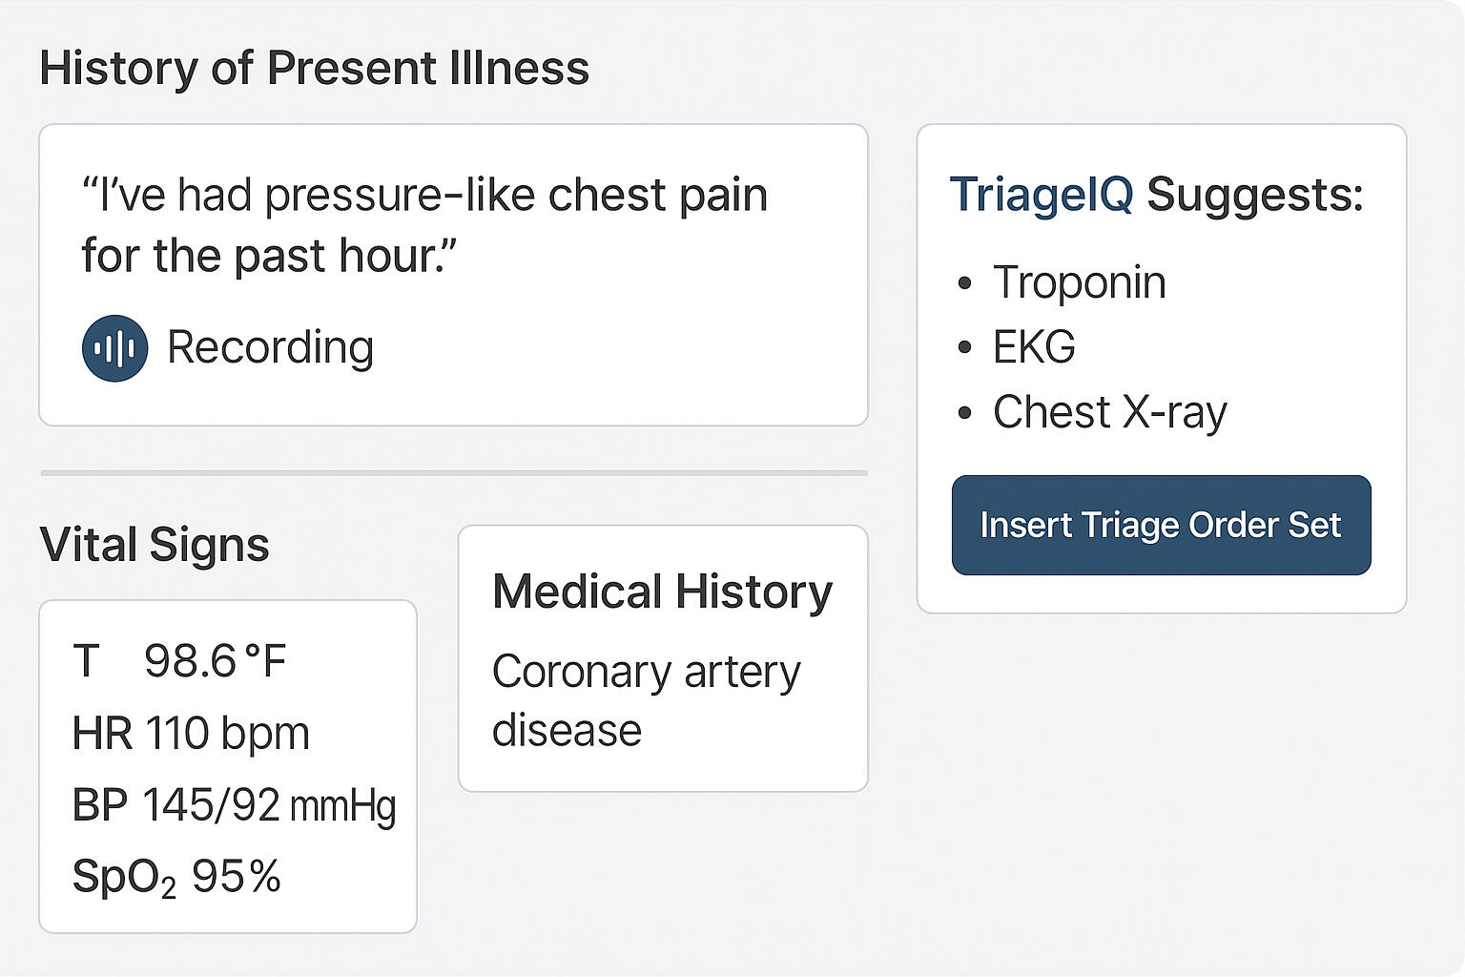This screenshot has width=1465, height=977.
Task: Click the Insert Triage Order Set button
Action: click(1161, 525)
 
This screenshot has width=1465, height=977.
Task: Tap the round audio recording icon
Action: click(114, 348)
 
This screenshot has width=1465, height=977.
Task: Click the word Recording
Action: click(270, 347)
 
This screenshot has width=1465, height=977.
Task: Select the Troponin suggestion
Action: click(1079, 282)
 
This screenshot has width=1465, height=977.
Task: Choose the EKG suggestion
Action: click(1034, 346)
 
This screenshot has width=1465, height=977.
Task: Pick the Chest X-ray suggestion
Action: click(1110, 412)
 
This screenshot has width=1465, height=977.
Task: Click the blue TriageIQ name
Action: click(1042, 195)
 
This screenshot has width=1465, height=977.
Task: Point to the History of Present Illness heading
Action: click(315, 68)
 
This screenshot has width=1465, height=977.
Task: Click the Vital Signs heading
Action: click(155, 545)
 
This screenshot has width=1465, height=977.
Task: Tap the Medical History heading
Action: click(663, 592)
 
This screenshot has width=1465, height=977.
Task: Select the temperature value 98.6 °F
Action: click(215, 660)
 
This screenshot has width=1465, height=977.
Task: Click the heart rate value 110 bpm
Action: click(227, 733)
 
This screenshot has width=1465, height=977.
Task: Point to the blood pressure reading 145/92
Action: click(211, 805)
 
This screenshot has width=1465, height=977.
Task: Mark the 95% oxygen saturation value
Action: click(237, 876)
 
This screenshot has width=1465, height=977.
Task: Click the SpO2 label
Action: click(124, 878)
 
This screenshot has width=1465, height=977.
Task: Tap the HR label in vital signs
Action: click(102, 733)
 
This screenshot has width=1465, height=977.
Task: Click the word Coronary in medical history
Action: click(582, 672)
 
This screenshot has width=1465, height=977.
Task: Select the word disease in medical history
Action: click(567, 730)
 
